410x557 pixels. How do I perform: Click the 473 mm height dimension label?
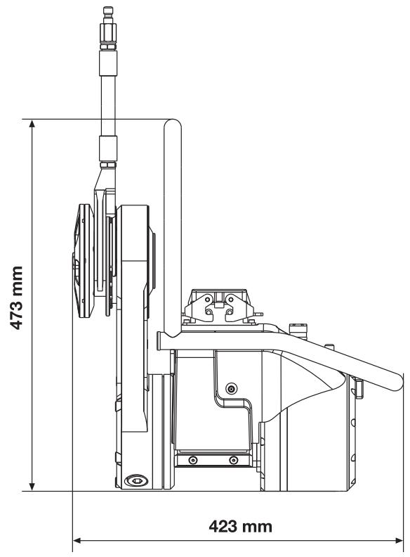[x=17, y=297]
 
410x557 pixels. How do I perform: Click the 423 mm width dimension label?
[x=241, y=526]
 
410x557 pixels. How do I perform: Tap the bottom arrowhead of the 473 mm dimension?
[x=32, y=487]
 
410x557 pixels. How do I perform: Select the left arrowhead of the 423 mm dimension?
[x=77, y=541]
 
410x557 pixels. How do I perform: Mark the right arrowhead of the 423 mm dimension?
[x=399, y=541]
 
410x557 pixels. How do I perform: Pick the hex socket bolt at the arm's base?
[x=138, y=480]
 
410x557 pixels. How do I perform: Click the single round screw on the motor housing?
[x=232, y=389]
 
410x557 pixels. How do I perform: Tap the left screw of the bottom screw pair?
[x=192, y=461]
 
